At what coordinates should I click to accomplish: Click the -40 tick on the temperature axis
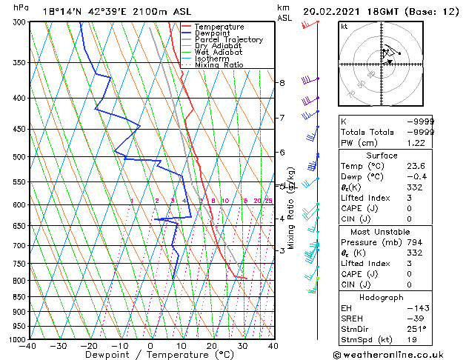29,345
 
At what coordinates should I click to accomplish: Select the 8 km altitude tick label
282,83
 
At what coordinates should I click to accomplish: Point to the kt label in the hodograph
344,27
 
